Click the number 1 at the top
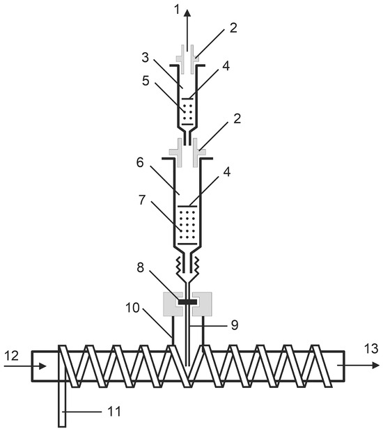(178, 10)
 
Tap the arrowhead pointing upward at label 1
(187, 14)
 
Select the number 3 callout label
(145, 58)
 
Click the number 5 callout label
(146, 81)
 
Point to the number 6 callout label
(140, 162)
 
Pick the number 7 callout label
(142, 200)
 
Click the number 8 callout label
(141, 267)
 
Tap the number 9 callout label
(235, 325)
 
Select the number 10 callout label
(132, 308)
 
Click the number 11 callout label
(114, 412)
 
